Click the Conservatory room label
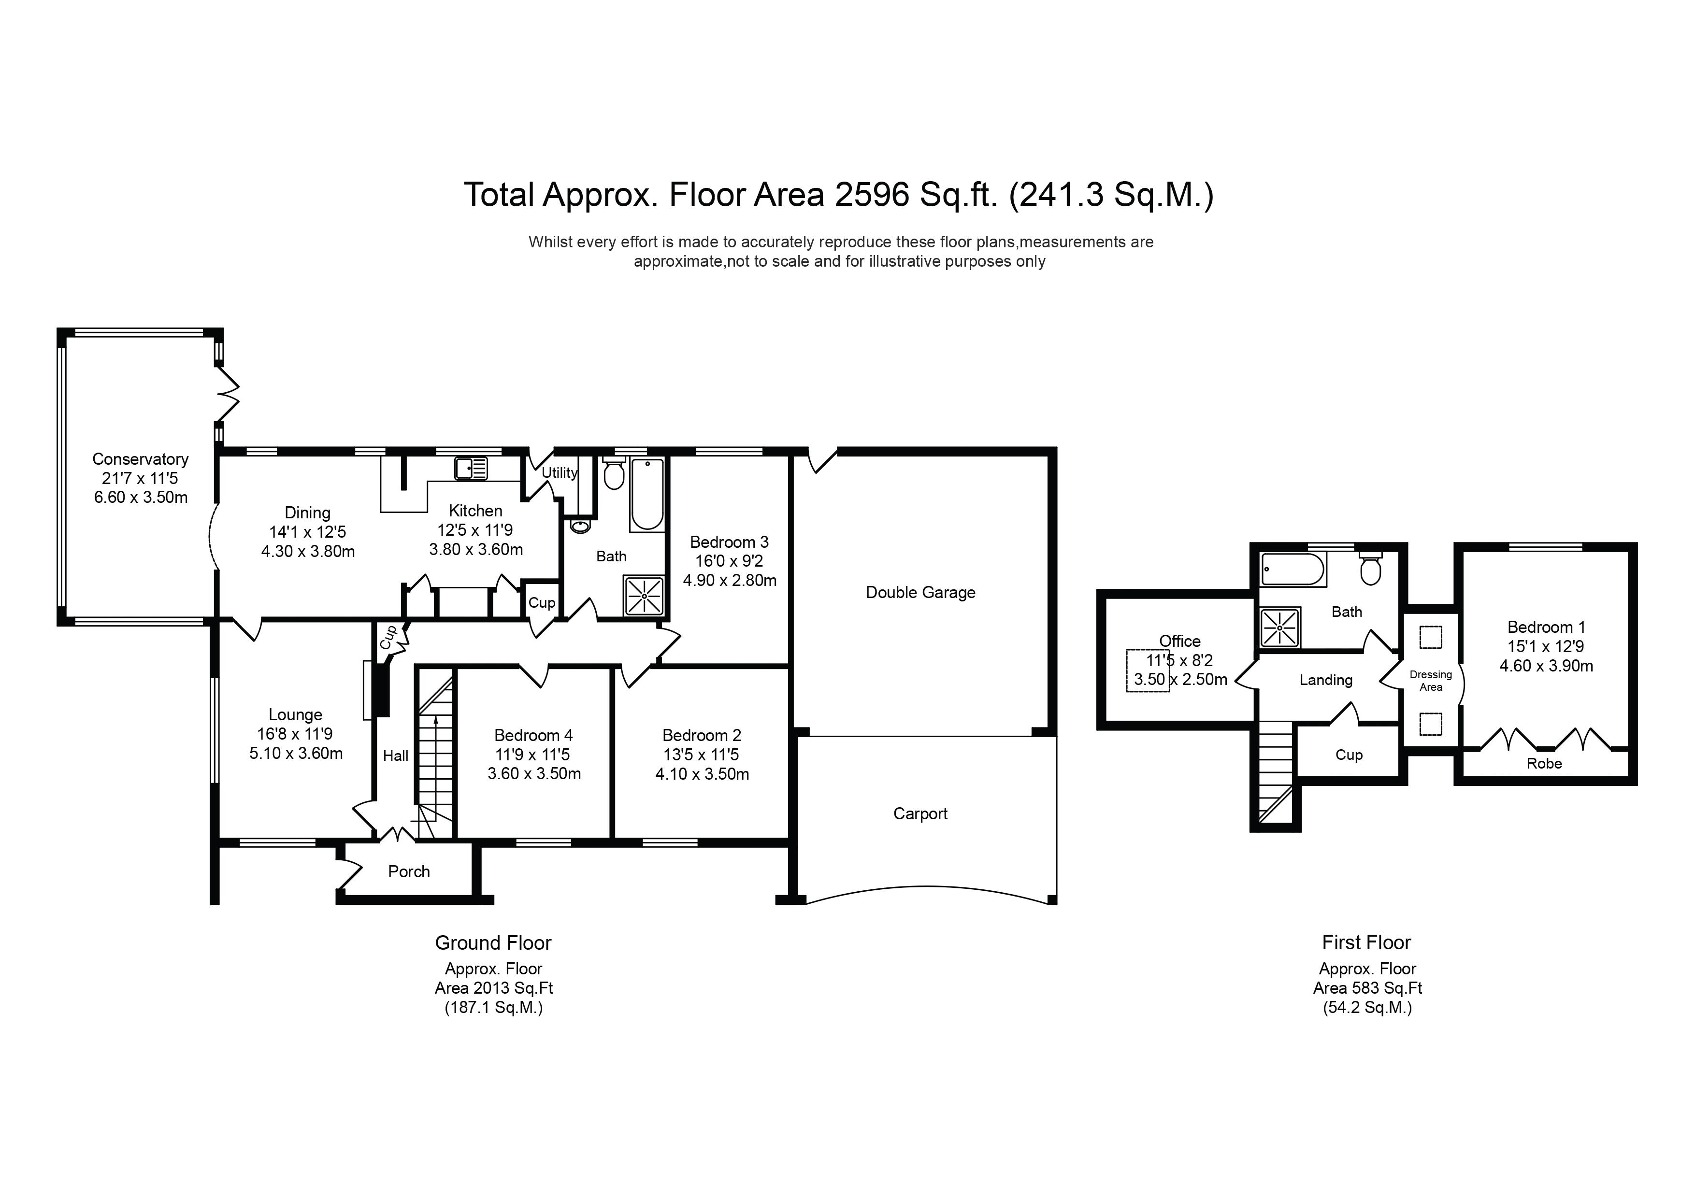click(x=140, y=459)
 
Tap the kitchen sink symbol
click(x=471, y=469)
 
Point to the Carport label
click(x=920, y=813)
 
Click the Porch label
click(x=409, y=872)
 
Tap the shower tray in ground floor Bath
click(x=645, y=596)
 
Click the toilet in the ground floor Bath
click(x=614, y=475)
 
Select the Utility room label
click(x=559, y=473)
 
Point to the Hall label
click(x=396, y=756)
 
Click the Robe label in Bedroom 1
click(x=1544, y=764)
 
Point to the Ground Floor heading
click(x=493, y=943)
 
